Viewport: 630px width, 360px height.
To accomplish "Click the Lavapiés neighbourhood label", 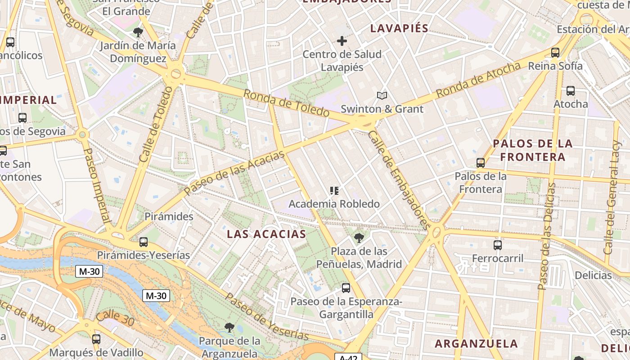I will [x=399, y=28].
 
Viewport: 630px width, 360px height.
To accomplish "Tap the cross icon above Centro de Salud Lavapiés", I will [x=342, y=41].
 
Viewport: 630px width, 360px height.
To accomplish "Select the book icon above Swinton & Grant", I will [x=382, y=95].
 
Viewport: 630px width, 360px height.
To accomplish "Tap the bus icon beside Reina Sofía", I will [x=555, y=53].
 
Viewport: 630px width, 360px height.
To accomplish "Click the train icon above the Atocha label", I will [x=571, y=91].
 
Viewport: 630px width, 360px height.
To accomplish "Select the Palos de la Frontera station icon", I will [x=481, y=163].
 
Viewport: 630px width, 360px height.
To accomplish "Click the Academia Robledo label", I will [x=334, y=204].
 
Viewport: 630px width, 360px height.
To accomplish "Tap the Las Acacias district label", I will [x=266, y=234].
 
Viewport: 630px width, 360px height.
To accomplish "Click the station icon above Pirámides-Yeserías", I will [x=144, y=242].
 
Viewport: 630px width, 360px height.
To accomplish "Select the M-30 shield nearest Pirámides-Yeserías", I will [x=90, y=271].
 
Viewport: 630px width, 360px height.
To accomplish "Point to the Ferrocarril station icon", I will [x=498, y=245].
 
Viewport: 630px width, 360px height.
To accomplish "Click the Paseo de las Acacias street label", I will [x=234, y=173].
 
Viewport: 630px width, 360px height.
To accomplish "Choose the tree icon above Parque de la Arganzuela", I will [x=229, y=327].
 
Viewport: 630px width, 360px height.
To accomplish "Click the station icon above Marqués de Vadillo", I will [x=96, y=339].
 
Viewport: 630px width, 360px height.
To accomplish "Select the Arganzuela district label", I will [x=476, y=344].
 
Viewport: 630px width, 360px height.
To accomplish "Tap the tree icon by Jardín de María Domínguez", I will [x=138, y=32].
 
